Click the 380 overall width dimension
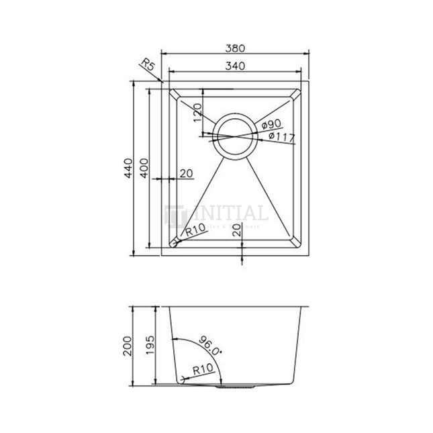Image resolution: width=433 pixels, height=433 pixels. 234,48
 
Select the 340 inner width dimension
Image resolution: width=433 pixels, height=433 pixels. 234,66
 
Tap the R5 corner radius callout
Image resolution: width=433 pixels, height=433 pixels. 149,65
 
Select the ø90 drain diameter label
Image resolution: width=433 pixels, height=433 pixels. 271,124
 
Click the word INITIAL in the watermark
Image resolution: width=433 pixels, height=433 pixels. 230,215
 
